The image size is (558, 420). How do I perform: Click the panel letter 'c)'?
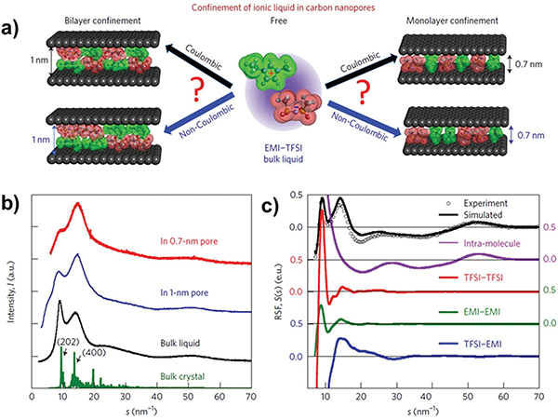(297, 198)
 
